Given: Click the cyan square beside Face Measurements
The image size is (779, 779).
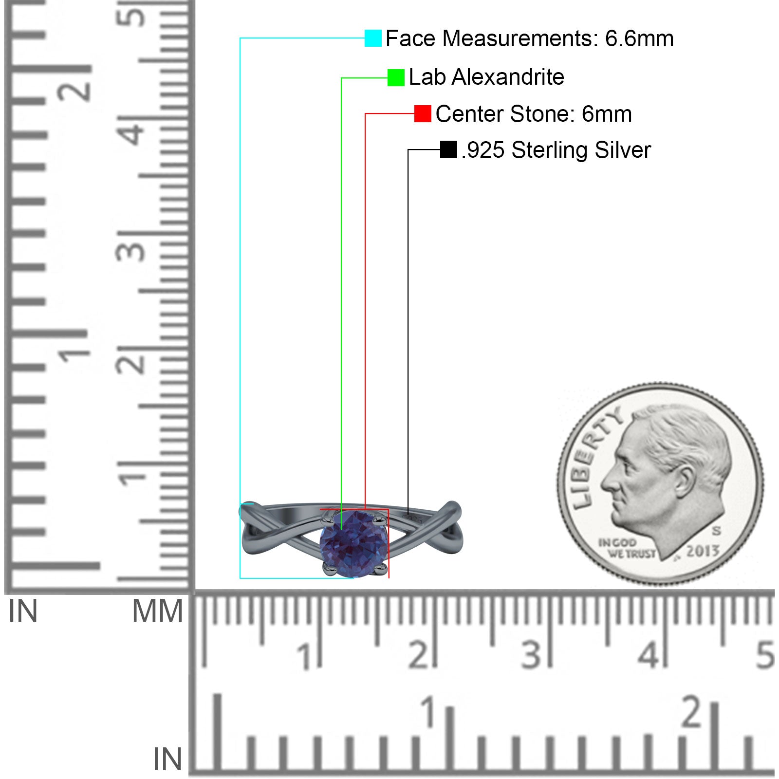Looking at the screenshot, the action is point(373,38).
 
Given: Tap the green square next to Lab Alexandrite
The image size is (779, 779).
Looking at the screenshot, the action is point(396,77).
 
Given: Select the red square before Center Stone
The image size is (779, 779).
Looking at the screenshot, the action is point(423,113).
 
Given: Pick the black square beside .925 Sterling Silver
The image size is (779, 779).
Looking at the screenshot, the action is point(448,149).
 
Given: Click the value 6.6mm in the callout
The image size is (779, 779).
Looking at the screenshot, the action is point(639,38).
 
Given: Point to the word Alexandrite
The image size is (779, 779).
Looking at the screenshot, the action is point(508,77).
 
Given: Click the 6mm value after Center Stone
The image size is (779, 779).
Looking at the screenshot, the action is point(607,114).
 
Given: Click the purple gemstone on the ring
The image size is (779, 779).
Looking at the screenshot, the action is point(354,543).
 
